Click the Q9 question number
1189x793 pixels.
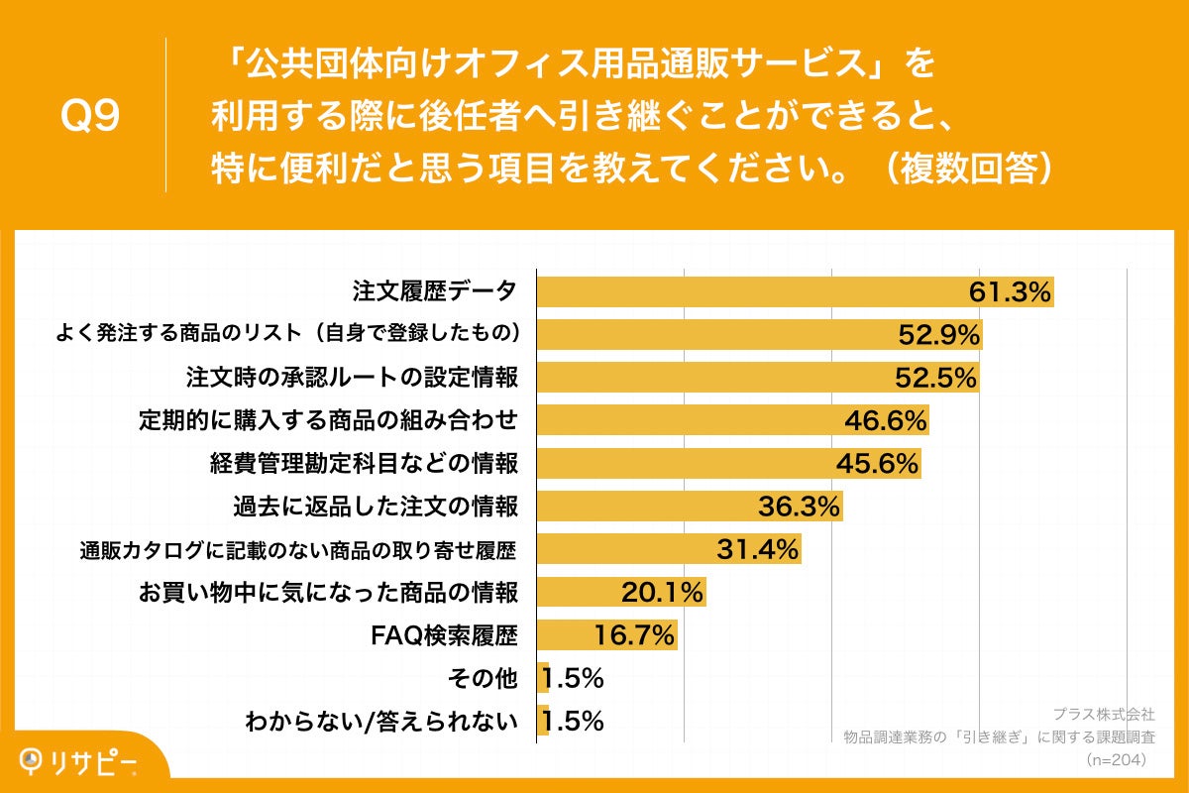coord(90,116)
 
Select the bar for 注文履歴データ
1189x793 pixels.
coord(793,292)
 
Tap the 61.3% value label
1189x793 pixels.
coord(1009,292)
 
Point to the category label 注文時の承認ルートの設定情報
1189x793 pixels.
coord(352,378)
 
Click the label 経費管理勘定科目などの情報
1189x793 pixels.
coord(364,463)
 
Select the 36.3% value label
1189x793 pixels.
coord(799,506)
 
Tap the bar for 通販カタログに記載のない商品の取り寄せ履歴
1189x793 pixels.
coord(668,548)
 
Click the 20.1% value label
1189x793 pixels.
coord(662,592)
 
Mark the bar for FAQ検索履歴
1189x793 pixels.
coord(606,635)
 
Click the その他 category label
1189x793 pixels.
coord(484,678)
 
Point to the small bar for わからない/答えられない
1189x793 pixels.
coord(543,721)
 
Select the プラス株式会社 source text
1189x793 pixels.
coord(1102,714)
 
